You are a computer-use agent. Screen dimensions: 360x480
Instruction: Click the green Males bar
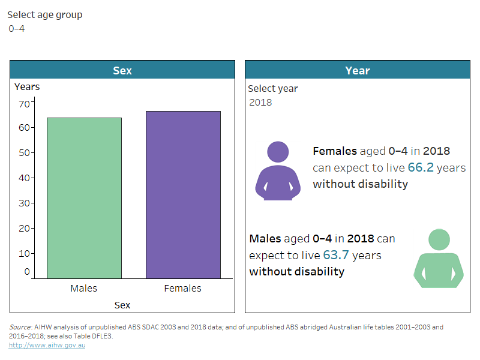84,198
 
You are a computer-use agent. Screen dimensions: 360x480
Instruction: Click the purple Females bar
183,195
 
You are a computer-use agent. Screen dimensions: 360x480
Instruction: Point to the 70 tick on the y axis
24,103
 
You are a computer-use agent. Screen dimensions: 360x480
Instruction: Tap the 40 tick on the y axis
24,178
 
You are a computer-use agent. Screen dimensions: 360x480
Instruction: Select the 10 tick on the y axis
24,253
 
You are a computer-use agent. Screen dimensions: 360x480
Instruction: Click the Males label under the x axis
83,289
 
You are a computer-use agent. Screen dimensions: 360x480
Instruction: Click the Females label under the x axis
183,289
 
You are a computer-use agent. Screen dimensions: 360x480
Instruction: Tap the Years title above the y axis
27,87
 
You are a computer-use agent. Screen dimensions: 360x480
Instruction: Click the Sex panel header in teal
122,70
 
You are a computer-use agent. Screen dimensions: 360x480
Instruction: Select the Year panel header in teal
357,70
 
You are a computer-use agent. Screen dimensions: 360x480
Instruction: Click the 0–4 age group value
17,28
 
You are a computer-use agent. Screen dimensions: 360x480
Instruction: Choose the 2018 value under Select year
260,102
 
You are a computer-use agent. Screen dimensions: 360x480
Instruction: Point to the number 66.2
421,168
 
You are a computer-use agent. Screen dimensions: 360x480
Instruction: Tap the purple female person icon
278,170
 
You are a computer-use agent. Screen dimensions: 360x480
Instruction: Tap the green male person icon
439,259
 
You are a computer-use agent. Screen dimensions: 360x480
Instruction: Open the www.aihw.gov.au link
47,345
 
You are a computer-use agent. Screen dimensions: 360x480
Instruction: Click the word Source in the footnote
20,328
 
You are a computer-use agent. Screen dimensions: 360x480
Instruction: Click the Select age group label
44,15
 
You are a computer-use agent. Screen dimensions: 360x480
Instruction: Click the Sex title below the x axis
122,305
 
